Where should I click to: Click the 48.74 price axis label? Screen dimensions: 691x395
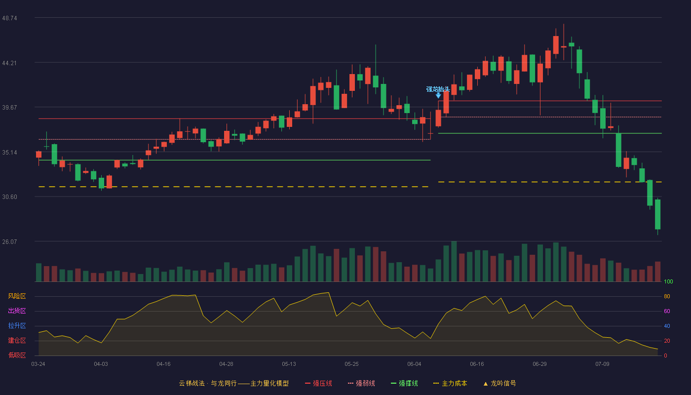click(9, 18)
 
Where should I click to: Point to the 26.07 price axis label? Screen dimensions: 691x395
click(9, 242)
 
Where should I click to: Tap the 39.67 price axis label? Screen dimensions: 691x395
click(9, 108)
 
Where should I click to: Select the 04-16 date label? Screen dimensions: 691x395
click(163, 364)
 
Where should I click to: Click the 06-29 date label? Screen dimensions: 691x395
click(539, 364)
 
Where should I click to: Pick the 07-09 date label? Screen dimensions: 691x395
click(602, 364)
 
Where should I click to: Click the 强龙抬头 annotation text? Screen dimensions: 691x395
click(438, 89)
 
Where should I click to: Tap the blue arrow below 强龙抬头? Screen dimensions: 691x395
click(438, 95)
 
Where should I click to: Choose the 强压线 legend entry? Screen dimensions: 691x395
click(318, 384)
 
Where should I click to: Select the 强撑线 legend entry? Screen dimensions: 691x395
click(404, 384)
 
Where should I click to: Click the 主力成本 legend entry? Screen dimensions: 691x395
click(450, 384)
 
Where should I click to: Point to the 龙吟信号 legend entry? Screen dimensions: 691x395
click(499, 384)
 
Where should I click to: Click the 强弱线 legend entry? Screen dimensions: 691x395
click(361, 384)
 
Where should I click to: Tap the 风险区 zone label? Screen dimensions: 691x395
click(17, 296)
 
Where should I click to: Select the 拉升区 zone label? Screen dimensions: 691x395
click(17, 326)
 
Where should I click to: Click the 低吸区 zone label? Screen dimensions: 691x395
click(17, 355)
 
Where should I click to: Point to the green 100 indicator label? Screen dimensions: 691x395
click(668, 281)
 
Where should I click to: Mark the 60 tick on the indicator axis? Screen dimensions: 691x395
click(667, 311)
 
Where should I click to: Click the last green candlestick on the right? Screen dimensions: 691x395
click(657, 214)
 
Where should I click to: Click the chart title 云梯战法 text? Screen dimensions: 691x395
click(192, 384)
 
